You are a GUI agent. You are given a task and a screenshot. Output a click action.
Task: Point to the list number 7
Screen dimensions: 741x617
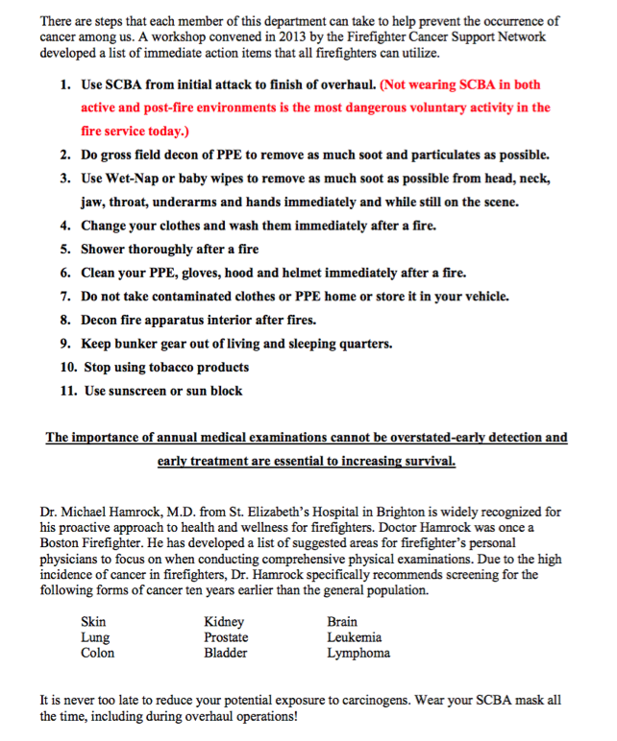pos(65,297)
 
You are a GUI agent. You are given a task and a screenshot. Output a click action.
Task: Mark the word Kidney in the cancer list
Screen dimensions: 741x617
pos(224,622)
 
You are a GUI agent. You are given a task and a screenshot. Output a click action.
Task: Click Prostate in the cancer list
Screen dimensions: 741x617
pos(226,637)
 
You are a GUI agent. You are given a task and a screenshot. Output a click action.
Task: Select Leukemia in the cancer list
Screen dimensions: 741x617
pos(354,637)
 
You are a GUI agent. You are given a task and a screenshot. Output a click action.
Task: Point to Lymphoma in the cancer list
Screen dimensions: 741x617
pos(358,653)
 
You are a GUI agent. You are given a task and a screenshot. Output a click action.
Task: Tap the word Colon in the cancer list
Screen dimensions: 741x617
pos(97,653)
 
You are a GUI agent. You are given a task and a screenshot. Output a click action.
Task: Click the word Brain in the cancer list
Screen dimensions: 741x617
pos(342,622)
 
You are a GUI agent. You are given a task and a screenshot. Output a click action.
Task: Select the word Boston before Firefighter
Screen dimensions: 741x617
pos(62,544)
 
